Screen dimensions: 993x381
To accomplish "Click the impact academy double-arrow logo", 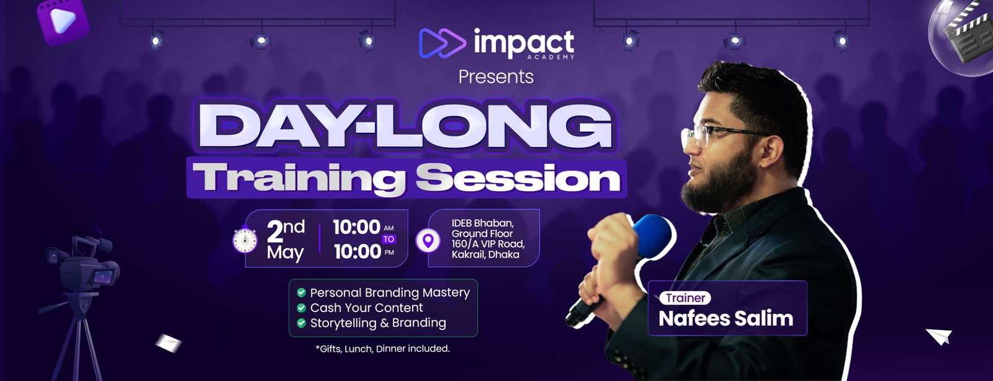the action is [443, 43].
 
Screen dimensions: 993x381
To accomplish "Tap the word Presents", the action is [496, 77].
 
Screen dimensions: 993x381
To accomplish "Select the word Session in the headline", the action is [518, 177].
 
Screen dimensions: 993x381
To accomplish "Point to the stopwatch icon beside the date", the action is [245, 240].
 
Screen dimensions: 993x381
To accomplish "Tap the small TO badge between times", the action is [389, 240].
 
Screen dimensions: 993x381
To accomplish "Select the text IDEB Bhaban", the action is [482, 223].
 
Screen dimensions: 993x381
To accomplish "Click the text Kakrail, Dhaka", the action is [485, 255].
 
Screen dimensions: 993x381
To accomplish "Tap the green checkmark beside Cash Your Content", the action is [302, 307].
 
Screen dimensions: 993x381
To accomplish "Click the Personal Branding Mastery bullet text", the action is [390, 293].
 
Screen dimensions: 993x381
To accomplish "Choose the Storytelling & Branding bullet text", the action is [378, 323].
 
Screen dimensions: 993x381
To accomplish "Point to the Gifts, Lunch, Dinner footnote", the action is [382, 349].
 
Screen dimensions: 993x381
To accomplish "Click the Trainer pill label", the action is [685, 298].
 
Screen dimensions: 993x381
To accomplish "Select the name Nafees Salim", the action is [726, 318].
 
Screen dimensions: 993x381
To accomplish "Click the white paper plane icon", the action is [940, 336].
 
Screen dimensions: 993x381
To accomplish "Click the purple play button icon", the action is [63, 21].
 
